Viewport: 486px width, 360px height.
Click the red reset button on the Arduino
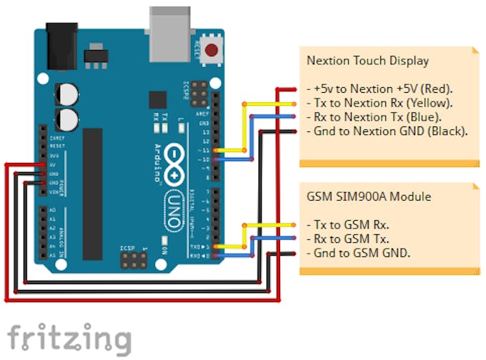click(212, 51)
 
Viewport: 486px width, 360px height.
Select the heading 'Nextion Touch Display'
click(367, 61)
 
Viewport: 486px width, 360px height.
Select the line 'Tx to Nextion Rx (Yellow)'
click(378, 104)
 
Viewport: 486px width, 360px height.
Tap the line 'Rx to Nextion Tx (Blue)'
click(374, 117)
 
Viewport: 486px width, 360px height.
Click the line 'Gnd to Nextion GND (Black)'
click(387, 131)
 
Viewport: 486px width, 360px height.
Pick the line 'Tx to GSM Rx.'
click(348, 225)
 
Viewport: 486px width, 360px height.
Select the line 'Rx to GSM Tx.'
click(348, 239)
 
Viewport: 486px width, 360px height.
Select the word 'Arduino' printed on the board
click(157, 164)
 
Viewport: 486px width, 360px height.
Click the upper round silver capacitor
click(69, 93)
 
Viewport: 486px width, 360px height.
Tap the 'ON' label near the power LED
click(164, 250)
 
